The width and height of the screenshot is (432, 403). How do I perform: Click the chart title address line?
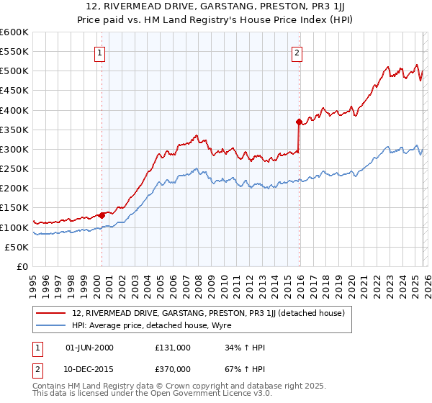pyautogui.click(x=215, y=7)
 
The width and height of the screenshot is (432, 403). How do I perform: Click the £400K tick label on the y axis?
pyautogui.click(x=14, y=110)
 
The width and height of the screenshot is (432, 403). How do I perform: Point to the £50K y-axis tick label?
pyautogui.click(x=17, y=247)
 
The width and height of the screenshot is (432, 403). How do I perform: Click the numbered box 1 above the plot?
pyautogui.click(x=99, y=52)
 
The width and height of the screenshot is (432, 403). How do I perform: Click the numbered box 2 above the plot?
pyautogui.click(x=297, y=52)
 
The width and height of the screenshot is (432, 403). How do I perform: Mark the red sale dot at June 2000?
pyautogui.click(x=102, y=215)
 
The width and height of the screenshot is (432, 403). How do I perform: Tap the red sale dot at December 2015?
pyautogui.click(x=298, y=122)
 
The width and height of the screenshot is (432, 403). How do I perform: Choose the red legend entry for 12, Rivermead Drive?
pyautogui.click(x=209, y=313)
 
